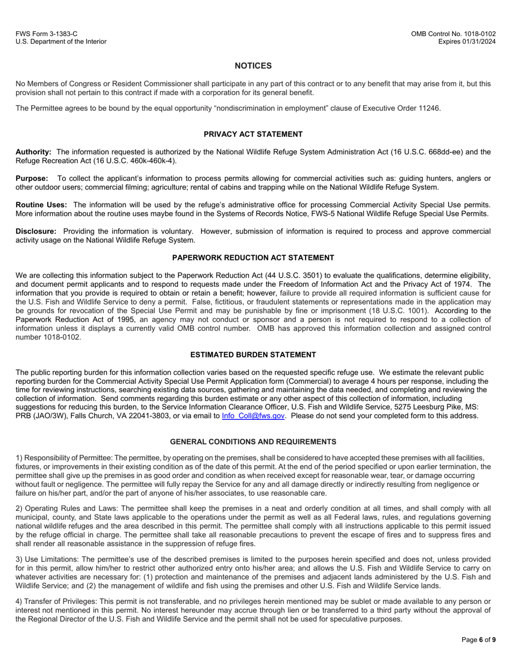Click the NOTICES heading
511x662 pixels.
(253, 66)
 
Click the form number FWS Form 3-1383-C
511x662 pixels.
(46, 33)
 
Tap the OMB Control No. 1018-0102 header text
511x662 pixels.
(453, 33)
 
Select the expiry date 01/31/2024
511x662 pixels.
(478, 41)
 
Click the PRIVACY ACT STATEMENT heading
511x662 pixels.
(253, 134)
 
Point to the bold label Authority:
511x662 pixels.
(33, 152)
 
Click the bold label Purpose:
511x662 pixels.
(32, 178)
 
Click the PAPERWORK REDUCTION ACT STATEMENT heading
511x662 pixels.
(253, 258)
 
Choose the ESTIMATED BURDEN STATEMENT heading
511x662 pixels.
(253, 355)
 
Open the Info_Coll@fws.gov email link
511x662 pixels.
(253, 416)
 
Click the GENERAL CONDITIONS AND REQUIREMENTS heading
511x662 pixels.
(253, 442)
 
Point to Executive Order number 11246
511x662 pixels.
(428, 108)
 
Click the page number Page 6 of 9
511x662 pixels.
(479, 640)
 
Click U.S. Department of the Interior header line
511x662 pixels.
(61, 41)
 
